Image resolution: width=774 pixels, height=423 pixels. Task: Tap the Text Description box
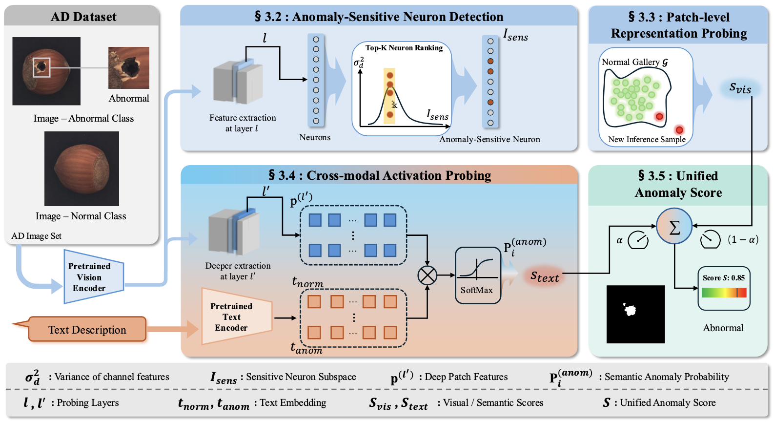pos(87,330)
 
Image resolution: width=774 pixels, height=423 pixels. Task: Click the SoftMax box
pos(477,275)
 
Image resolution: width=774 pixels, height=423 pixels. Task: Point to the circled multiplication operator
pos(427,275)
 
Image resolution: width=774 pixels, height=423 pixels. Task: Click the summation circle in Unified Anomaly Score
pos(674,227)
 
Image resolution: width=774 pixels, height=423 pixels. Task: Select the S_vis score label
pos(740,88)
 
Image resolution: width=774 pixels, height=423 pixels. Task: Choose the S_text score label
pos(545,277)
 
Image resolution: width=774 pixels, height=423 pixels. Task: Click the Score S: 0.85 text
pos(723,278)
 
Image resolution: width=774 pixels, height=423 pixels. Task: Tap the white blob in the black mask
pos(630,309)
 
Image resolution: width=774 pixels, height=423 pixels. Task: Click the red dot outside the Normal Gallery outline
pos(679,130)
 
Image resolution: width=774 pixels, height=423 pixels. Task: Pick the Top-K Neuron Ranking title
pos(404,48)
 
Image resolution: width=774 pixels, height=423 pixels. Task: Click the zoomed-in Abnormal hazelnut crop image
pos(129,67)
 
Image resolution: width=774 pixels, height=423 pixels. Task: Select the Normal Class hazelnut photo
pos(81,169)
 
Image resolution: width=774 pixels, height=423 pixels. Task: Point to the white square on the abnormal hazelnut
pos(41,67)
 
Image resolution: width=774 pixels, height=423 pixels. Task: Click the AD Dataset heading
pos(83,17)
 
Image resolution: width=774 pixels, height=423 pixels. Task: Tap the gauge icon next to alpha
pos(638,240)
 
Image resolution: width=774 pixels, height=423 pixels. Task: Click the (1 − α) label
pos(743,239)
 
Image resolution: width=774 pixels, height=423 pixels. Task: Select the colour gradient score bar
pos(724,293)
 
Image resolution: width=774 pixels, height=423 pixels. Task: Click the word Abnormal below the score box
pos(723,328)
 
